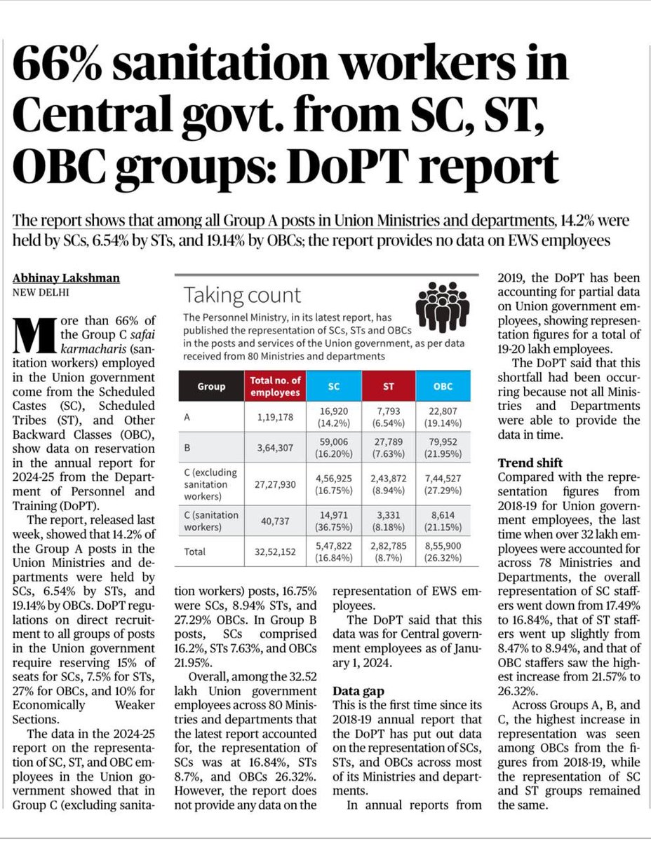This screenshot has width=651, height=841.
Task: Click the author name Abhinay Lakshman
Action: click(67, 278)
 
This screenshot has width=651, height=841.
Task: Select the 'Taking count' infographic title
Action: click(241, 294)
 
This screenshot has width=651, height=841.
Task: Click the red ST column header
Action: click(389, 387)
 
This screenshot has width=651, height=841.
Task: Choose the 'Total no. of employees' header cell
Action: click(275, 387)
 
